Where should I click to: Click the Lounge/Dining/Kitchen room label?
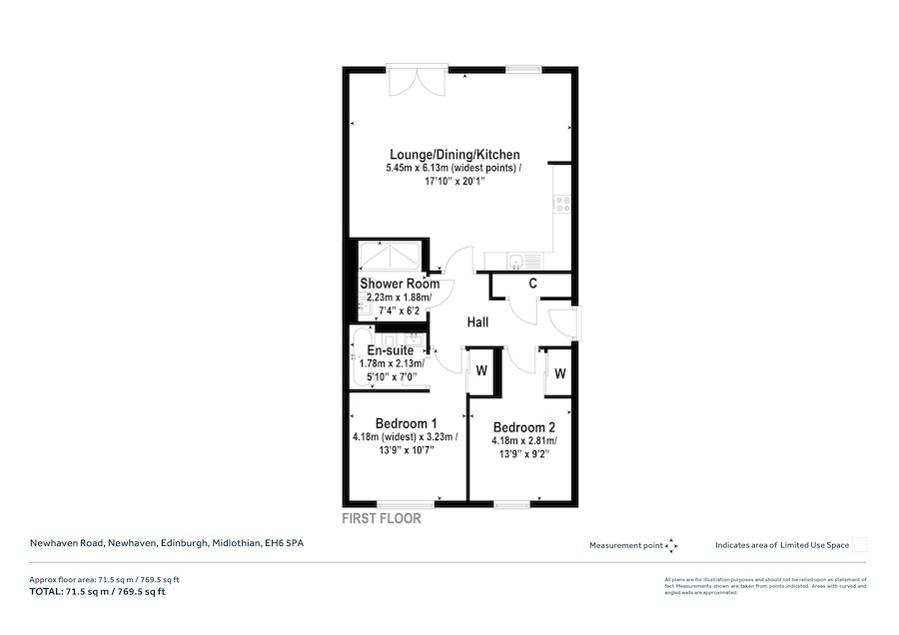click(454, 155)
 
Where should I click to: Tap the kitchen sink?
click(513, 263)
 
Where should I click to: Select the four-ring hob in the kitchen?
click(563, 205)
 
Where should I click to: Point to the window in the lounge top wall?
click(520, 70)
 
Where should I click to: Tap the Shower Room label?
click(400, 285)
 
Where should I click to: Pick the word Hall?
click(477, 322)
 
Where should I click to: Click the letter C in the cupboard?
click(533, 284)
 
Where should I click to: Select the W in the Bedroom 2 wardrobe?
click(559, 373)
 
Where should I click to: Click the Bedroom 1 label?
click(399, 422)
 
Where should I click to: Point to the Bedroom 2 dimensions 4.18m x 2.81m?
click(524, 440)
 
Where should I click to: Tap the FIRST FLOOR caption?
click(382, 519)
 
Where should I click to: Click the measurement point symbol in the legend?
click(671, 545)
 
